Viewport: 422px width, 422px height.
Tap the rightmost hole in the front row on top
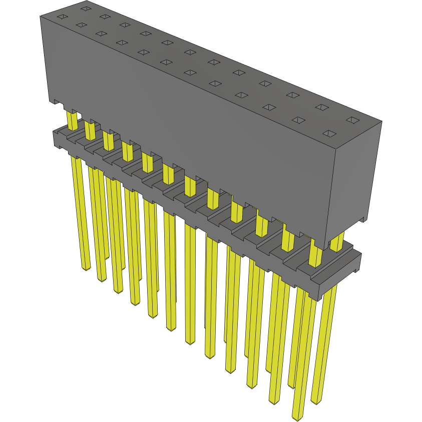[x=329, y=134]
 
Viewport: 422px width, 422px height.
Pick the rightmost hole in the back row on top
[x=353, y=121]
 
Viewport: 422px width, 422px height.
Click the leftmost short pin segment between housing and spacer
[x=72, y=120]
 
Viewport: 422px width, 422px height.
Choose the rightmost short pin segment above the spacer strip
[x=337, y=242]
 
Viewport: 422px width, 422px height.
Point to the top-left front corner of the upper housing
[x=41, y=17]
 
